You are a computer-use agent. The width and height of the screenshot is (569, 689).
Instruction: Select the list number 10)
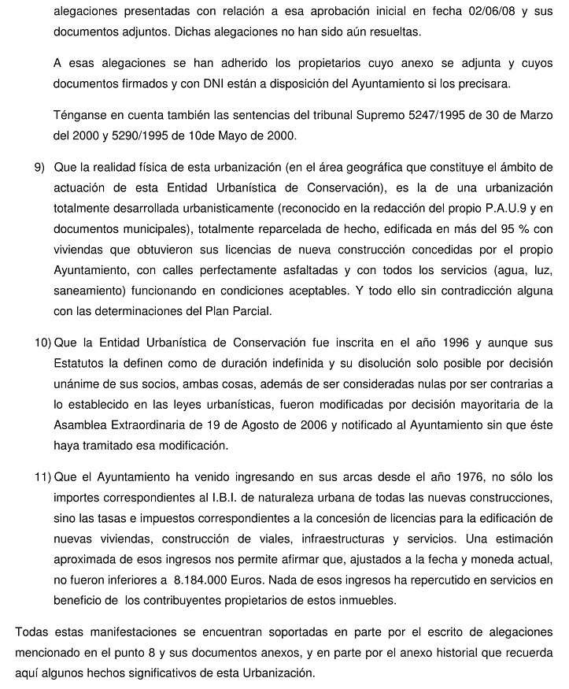42,343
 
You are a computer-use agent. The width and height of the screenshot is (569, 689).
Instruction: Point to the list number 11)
42,477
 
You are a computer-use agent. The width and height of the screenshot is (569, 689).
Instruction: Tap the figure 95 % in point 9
500,229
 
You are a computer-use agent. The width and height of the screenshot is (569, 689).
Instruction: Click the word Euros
253,580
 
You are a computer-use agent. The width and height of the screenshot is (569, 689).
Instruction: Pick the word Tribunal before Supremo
323,116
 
